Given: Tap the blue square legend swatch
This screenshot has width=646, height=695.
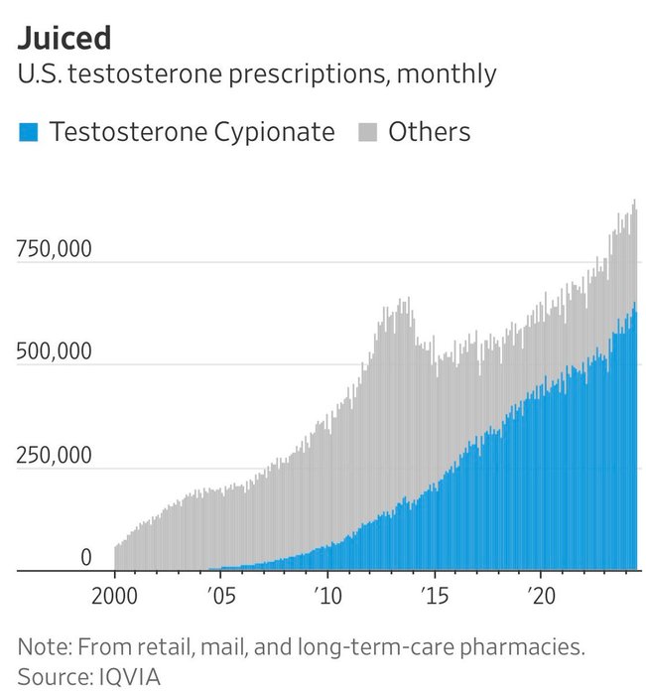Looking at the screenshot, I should coord(28,132).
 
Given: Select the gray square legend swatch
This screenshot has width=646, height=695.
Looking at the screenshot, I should coord(366,132).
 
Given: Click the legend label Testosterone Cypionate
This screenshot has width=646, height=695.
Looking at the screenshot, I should coord(193,132).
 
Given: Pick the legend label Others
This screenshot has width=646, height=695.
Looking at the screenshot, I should coord(429,132).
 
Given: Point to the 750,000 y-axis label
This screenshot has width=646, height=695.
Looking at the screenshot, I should coord(54,248).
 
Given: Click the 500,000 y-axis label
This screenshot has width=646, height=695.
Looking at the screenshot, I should coord(54,351).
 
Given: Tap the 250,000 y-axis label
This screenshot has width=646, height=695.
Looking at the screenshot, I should coord(54,456).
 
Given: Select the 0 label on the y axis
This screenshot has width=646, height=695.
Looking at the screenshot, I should coord(85,559).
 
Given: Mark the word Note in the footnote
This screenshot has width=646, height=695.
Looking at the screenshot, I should coord(43,647).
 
